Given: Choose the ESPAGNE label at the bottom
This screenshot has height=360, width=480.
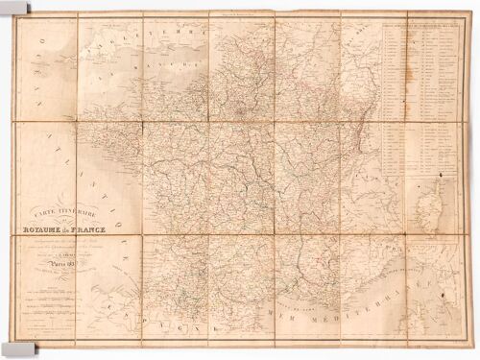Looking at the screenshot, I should point(154,318).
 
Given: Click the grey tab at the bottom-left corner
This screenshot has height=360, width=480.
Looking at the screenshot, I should point(10,348).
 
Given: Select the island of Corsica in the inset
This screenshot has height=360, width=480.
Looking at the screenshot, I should point(422,216).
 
